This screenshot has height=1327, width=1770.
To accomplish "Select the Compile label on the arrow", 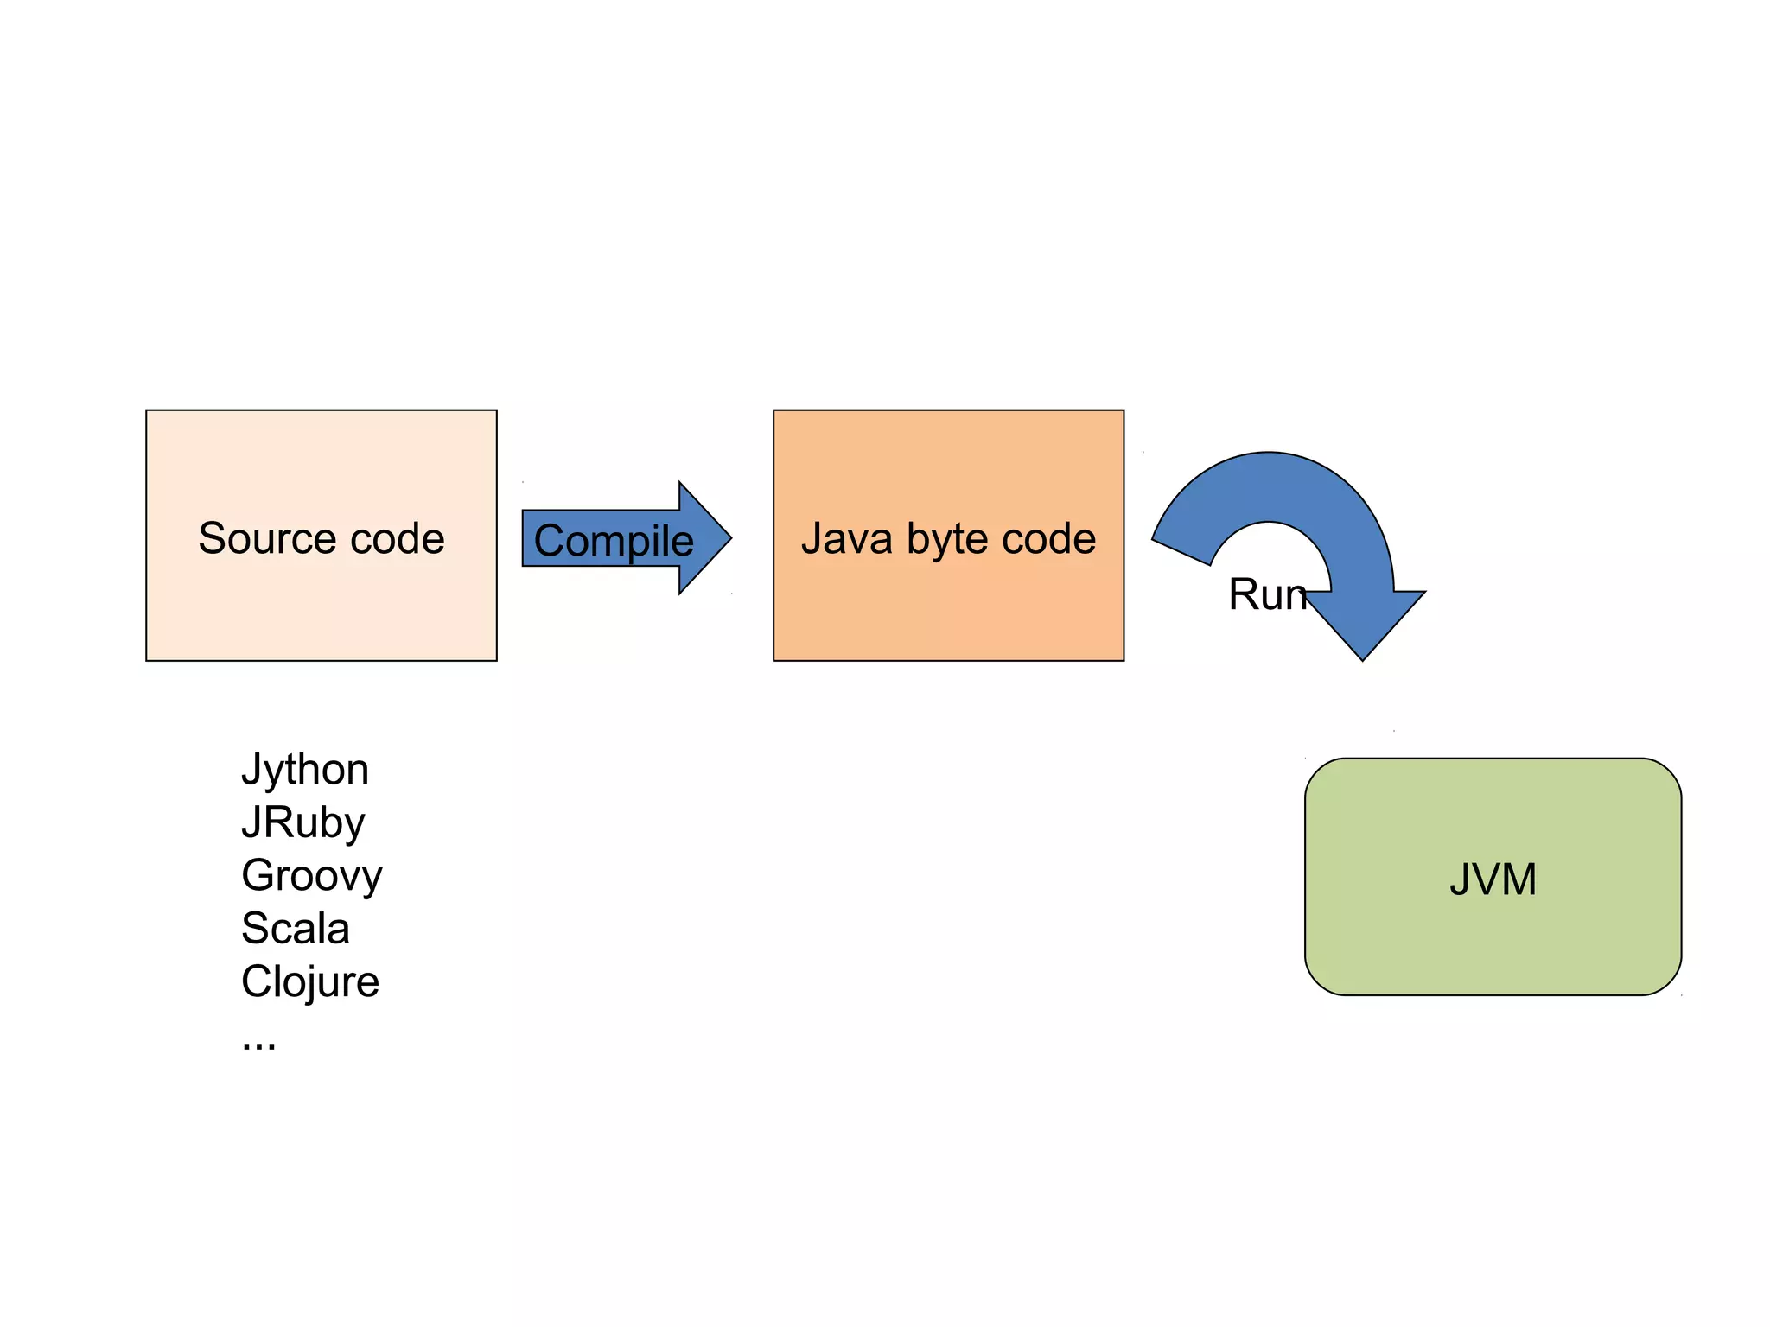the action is (x=614, y=541).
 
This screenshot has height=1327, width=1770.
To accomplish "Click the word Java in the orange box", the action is (x=846, y=538).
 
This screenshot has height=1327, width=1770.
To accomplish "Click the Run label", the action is (x=1267, y=594).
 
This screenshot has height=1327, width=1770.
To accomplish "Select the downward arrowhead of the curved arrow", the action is (x=1364, y=635).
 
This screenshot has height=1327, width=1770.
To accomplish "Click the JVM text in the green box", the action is (x=1493, y=879).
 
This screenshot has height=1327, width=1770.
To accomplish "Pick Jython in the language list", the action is (x=305, y=769).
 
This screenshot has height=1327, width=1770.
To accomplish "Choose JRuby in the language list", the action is (x=302, y=822).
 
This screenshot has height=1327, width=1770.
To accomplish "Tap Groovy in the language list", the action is (x=311, y=875).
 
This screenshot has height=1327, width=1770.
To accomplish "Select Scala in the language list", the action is (x=296, y=928).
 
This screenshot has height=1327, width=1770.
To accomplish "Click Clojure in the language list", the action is (x=309, y=981).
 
